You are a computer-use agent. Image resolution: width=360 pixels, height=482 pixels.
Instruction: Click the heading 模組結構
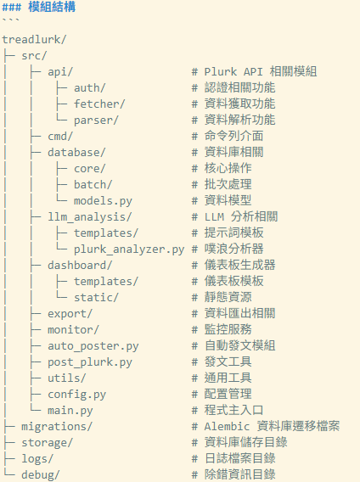pos(52,7)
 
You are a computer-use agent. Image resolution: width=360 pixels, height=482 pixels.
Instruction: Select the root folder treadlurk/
pos(34,40)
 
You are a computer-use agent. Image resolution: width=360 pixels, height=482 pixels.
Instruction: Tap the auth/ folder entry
pos(89,88)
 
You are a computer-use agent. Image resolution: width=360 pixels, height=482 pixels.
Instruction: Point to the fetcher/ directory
pos(99,104)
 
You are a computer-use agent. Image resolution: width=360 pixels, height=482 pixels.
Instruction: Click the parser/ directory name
pos(96,120)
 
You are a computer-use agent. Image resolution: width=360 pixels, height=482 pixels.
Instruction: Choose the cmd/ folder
pos(60,136)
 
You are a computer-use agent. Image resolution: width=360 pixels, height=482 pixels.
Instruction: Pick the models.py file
pos(103,201)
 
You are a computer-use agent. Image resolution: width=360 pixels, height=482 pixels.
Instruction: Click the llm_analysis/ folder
pos(89,217)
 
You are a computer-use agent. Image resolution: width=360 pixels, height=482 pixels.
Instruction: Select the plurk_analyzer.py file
pos(129,249)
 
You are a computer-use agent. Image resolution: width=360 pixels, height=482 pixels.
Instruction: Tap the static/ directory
pos(96,298)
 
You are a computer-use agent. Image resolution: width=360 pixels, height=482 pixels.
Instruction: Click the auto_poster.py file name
pos(93,346)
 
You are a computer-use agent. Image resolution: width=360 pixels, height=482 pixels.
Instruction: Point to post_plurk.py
pos(90,362)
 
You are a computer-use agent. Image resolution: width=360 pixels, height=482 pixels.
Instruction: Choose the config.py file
pos(76,395)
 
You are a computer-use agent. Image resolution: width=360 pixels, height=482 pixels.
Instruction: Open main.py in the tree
pos(70,411)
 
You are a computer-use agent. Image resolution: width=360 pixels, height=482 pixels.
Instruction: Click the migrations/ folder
pos(57,427)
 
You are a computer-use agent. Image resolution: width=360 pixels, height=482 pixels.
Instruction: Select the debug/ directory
pos(40,475)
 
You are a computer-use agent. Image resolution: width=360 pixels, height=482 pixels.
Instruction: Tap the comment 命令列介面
pos(233,136)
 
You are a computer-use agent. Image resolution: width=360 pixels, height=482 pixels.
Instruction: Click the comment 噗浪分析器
pos(233,249)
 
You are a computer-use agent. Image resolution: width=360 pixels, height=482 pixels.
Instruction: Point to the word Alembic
pos(227,426)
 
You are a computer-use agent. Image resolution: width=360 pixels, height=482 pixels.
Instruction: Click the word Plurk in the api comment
pos(221,71)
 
